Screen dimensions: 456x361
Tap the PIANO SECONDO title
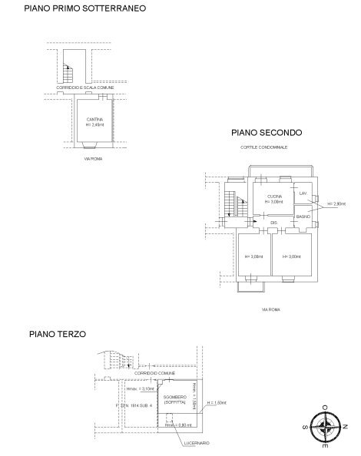click(267, 133)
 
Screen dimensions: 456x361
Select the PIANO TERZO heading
click(58, 335)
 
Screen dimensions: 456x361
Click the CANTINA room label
click(94, 119)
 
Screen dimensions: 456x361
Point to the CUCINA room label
click(274, 197)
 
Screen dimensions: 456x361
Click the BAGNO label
click(303, 217)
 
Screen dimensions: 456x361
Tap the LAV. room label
click(303, 193)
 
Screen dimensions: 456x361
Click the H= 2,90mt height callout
click(339, 204)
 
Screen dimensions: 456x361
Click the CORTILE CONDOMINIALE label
click(264, 147)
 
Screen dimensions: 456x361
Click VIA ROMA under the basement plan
click(93, 159)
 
